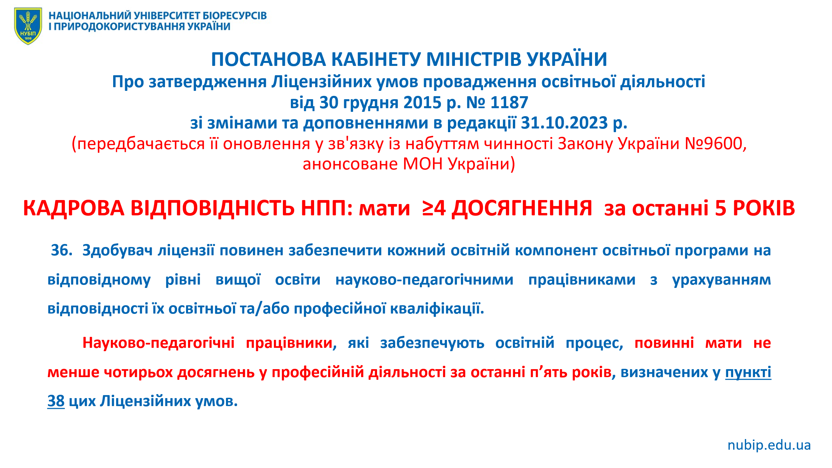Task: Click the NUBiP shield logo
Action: [x=28, y=26]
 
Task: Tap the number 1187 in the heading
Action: [x=510, y=103]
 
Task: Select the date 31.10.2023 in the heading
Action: [x=564, y=123]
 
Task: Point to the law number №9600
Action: [x=714, y=144]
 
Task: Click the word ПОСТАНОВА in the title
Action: [x=269, y=60]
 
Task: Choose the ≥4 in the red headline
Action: [x=434, y=208]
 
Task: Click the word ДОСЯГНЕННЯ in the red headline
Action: [x=522, y=209]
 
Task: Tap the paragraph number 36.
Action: [x=62, y=250]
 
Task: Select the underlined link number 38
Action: [x=56, y=401]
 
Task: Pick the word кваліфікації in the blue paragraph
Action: [x=437, y=309]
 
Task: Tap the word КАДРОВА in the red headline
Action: [x=74, y=209]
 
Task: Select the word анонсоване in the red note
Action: [x=350, y=164]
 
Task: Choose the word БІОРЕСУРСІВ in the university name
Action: [x=235, y=16]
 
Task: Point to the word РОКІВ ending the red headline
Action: [x=764, y=208]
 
